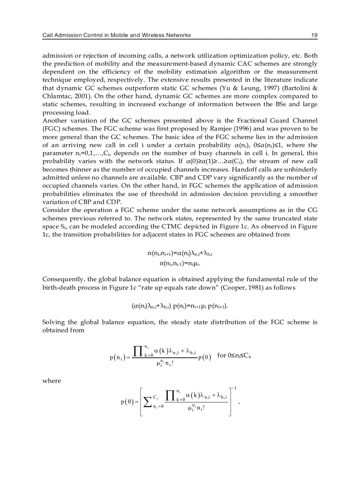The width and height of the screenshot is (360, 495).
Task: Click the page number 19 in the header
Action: [314, 35]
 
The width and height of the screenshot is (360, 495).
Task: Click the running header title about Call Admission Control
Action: [116, 35]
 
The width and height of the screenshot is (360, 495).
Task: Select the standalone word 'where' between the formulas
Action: [52, 381]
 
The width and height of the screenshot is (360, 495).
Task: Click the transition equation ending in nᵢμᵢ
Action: [183, 263]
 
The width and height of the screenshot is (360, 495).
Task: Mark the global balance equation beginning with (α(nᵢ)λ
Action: [181, 305]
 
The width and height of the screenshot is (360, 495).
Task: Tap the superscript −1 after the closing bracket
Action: [236, 387]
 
